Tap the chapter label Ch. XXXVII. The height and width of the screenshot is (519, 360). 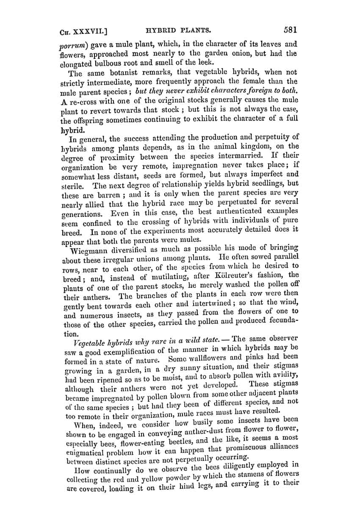click(84, 31)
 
